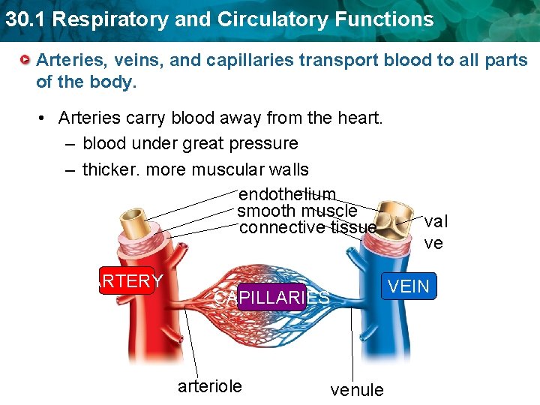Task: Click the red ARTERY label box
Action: click(127, 280)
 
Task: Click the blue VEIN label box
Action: click(408, 286)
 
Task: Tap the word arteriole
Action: click(209, 385)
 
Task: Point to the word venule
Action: click(357, 389)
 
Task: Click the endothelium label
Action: click(287, 195)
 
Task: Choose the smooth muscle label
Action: click(297, 211)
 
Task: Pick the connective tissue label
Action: click(307, 227)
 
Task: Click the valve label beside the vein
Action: click(435, 232)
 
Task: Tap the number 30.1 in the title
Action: click(22, 19)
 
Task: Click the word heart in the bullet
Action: click(362, 118)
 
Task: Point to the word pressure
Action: click(266, 143)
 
